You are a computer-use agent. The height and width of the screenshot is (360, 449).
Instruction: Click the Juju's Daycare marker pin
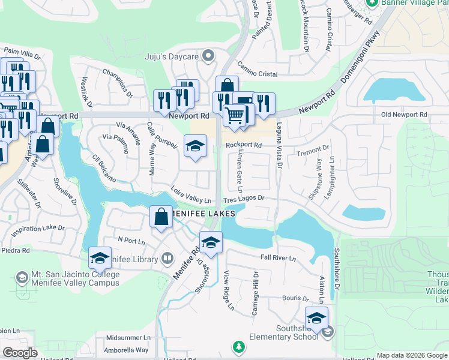coord(208,56)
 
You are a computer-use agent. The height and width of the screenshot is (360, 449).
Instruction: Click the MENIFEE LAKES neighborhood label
coord(201,213)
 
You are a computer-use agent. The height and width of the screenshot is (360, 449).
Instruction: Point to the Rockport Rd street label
coord(244,145)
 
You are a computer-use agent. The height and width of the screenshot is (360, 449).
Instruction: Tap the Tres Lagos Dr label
coord(244,198)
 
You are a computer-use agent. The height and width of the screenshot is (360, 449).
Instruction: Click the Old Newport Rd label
coord(404,115)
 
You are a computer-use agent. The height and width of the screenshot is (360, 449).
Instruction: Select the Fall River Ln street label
coord(279,258)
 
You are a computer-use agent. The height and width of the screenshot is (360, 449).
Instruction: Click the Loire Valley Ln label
coord(191,196)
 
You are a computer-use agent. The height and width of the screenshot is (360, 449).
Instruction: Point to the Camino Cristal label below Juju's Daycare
coord(257,74)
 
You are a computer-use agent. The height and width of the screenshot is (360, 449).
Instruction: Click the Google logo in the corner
coord(19,352)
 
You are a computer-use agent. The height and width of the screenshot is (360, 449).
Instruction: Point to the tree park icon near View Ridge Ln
coord(239,347)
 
